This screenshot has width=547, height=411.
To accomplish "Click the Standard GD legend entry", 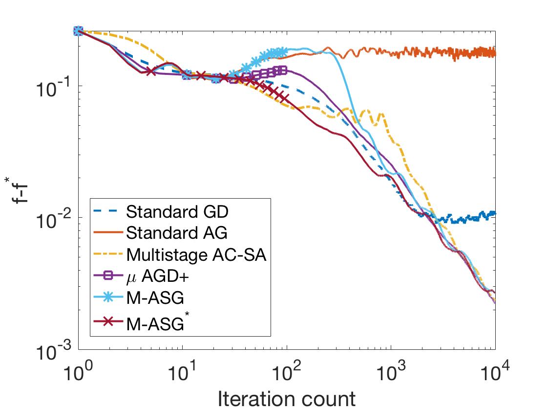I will (x=177, y=212).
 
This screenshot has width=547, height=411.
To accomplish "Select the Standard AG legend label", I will (x=176, y=233).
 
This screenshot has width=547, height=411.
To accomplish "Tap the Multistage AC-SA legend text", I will (x=196, y=255).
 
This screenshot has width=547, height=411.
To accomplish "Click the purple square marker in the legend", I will (x=107, y=276).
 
